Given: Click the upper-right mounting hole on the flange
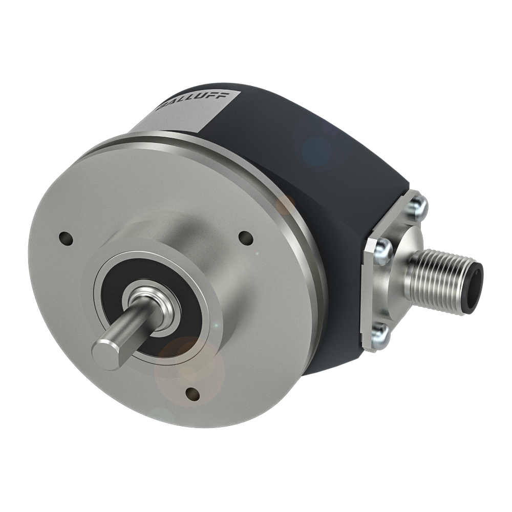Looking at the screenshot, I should coord(246,238).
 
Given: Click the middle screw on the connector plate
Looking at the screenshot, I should coord(382,248).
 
